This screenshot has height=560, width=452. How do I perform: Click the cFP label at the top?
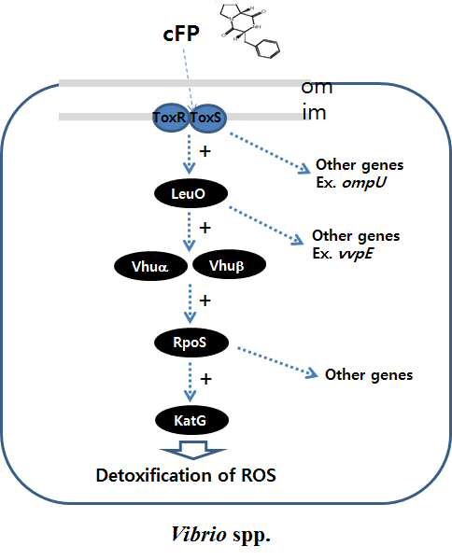tap(181, 34)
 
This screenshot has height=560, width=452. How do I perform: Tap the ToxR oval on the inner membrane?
tap(170, 118)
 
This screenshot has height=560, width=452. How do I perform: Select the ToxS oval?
tap(207, 119)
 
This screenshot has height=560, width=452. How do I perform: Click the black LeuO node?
tap(191, 194)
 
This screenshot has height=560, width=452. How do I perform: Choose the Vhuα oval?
tap(150, 266)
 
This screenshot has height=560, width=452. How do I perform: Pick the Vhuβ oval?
tap(229, 265)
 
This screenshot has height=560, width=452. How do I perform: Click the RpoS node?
tap(191, 343)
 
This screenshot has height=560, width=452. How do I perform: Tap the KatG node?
tap(191, 420)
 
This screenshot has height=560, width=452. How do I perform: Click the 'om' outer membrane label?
tap(317, 87)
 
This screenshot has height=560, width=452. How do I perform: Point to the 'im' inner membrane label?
tap(314, 113)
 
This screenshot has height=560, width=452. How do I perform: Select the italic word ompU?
tap(364, 183)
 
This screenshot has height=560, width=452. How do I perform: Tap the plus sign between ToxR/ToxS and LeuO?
tap(205, 151)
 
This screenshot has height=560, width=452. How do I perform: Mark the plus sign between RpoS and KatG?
tap(205, 379)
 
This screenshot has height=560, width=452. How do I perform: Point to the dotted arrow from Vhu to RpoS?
tap(190, 303)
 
